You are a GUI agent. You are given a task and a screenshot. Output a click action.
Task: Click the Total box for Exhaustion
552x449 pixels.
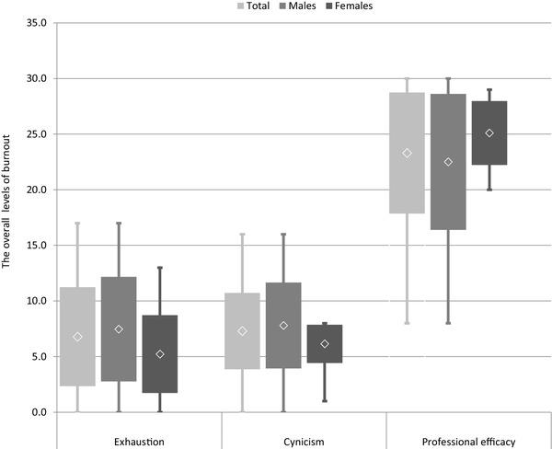(77, 337)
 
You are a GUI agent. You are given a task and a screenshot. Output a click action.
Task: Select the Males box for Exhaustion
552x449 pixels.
(119, 328)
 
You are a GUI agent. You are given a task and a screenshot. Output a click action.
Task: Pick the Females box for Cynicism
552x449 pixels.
(324, 343)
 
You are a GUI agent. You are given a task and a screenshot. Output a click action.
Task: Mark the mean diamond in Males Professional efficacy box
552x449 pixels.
(448, 162)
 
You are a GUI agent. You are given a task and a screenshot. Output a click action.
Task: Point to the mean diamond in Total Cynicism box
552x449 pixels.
(242, 331)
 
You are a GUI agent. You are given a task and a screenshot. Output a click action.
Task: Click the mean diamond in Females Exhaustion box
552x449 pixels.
(160, 354)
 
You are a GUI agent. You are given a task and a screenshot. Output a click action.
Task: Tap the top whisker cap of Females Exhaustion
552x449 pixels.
(160, 268)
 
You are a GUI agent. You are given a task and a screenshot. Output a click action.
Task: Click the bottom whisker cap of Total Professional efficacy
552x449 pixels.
(407, 323)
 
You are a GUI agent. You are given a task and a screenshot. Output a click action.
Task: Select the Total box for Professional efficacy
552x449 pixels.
(407, 153)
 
